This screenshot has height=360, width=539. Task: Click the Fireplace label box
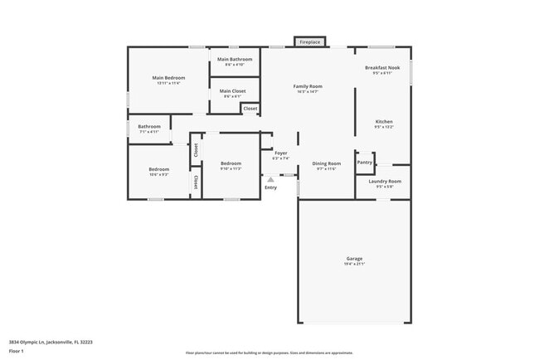310,41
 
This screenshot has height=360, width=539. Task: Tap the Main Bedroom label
168,78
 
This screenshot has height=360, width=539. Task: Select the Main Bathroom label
235,60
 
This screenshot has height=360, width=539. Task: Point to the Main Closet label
232,91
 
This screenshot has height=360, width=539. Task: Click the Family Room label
308,86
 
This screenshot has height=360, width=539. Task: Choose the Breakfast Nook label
382,67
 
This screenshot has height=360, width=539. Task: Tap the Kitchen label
383,122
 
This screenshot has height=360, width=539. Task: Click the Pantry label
365,162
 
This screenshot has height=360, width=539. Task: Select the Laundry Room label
385,181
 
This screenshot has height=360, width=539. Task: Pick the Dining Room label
326,163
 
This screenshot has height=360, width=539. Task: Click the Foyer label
280,153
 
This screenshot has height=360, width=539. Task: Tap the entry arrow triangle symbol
270,178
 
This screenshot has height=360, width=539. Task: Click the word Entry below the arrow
270,187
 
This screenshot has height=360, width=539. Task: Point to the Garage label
354,259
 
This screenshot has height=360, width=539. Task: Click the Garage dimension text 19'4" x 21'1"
354,265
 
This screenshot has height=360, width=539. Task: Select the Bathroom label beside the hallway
149,126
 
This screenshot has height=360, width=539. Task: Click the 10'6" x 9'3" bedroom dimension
158,174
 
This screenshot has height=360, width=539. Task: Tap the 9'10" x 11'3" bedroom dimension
231,168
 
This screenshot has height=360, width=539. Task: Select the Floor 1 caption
17,352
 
